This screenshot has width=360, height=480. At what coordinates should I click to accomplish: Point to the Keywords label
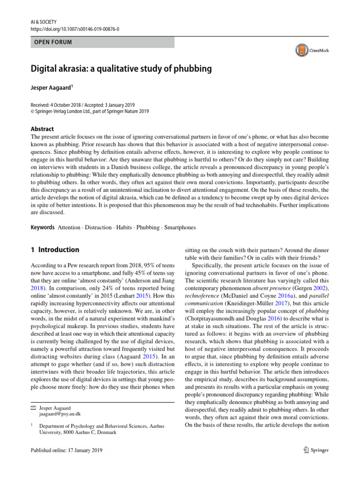point(41,227)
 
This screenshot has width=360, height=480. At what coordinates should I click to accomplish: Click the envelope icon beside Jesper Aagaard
point(32,408)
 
